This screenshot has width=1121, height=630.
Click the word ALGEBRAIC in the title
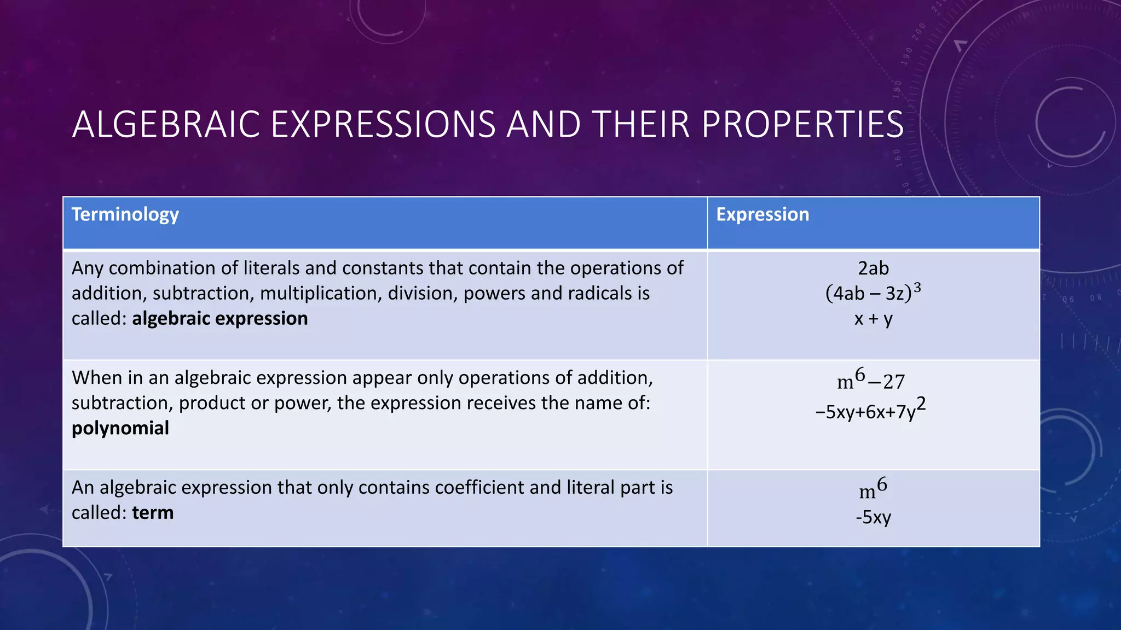click(166, 125)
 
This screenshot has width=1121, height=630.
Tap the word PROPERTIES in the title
click(802, 125)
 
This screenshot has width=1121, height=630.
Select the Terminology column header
click(125, 214)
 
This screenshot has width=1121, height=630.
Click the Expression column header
click(762, 214)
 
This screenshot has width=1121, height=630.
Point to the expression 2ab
click(873, 269)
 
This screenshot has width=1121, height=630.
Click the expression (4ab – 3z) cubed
click(873, 293)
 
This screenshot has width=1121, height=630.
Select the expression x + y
click(873, 318)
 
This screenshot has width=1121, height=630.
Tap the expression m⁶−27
click(871, 380)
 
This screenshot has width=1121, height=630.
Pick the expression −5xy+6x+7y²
click(871, 410)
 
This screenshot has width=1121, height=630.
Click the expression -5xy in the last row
click(873, 517)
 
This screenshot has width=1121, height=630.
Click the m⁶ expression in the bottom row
click(873, 489)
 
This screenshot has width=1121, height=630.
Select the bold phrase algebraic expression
click(219, 319)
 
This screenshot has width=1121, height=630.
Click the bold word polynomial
click(120, 428)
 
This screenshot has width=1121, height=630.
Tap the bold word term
click(153, 513)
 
